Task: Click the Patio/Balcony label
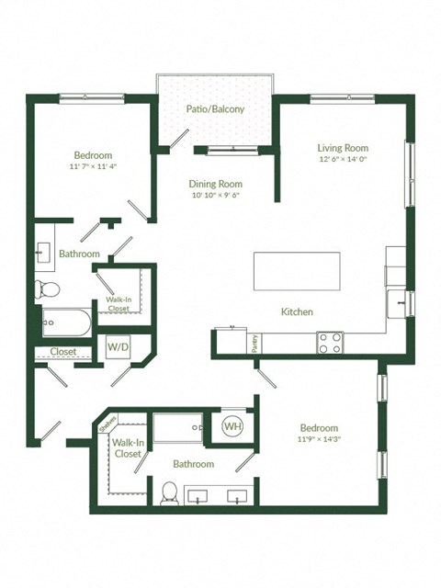pos(216,109)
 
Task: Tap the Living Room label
pos(343,148)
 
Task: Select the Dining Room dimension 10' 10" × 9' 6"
pos(216,196)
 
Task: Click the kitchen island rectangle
pos(297,271)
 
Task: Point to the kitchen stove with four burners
pos(330,342)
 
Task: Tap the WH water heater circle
pos(232,428)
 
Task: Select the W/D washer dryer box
pos(118,347)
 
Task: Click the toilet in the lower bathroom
pos(168,493)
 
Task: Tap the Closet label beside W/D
pos(62,352)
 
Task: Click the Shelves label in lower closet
pos(106,424)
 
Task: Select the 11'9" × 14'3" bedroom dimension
pos(319,440)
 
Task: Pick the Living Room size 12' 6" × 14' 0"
pos(343,160)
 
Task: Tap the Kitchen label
pos(297,312)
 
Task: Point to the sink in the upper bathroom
pos(44,252)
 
